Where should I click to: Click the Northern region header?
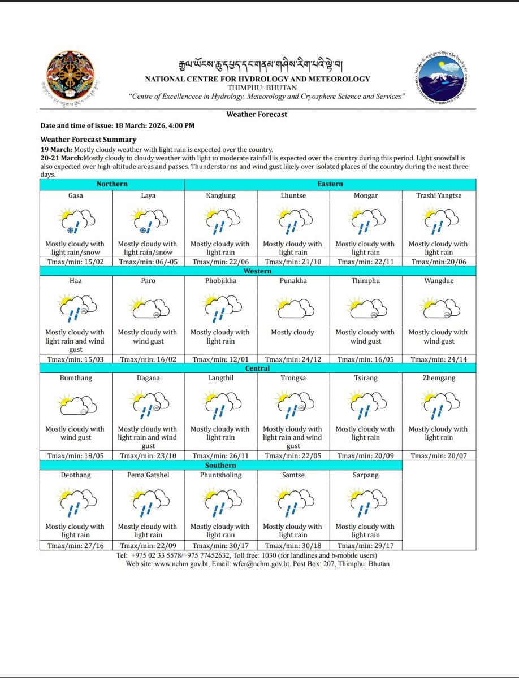[x=112, y=184]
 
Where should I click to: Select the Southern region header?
[x=220, y=465]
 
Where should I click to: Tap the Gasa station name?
[x=75, y=195]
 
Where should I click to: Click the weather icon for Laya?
[x=148, y=221]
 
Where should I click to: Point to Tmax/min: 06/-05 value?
[x=148, y=262]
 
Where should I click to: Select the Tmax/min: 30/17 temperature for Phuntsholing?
[x=220, y=546]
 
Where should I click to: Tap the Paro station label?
[x=148, y=281]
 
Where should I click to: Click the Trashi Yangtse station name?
[x=439, y=195]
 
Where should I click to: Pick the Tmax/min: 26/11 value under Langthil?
[x=220, y=455]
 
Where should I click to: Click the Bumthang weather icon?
[x=76, y=405]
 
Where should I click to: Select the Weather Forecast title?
[x=257, y=114]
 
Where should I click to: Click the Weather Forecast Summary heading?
[x=88, y=139]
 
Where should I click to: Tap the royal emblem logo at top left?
[x=70, y=76]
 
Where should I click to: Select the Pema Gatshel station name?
[x=148, y=475]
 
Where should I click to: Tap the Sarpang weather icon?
[x=365, y=502]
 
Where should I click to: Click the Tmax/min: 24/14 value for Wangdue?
[x=439, y=359]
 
